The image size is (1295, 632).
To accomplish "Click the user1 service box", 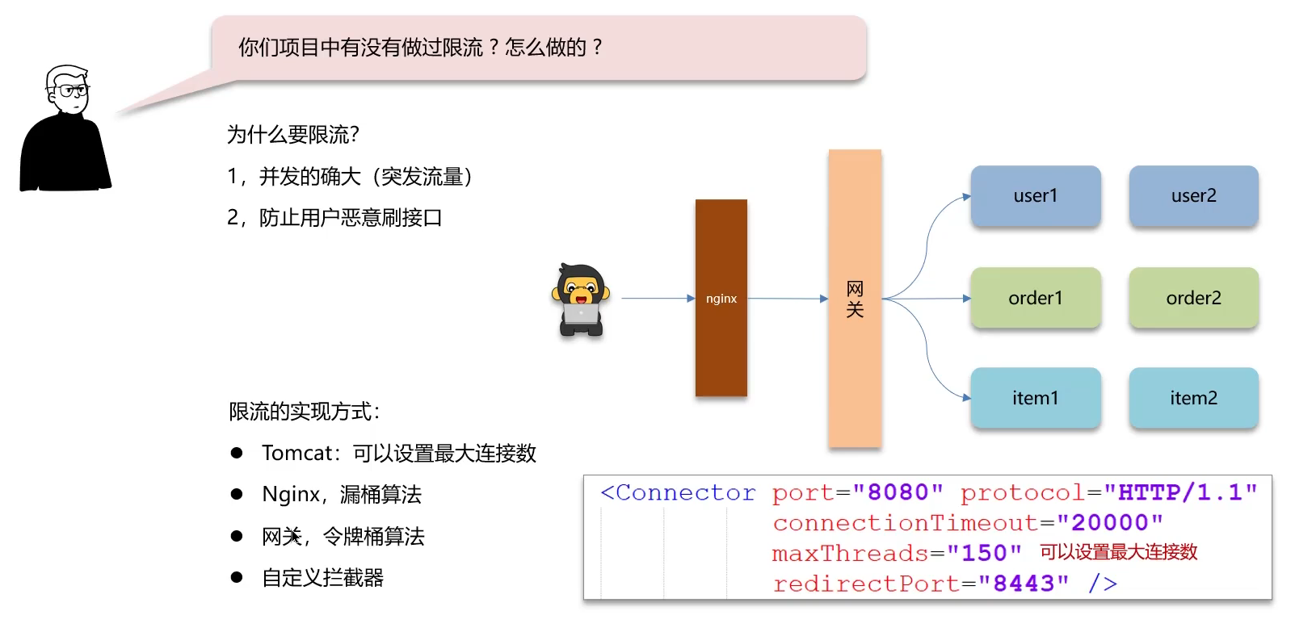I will click(1035, 196).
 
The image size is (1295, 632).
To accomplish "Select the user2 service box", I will click(1193, 196).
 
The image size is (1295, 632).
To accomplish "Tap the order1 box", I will click(1035, 298).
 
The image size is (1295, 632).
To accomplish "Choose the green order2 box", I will click(1193, 298).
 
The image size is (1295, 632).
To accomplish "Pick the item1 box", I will click(1035, 398).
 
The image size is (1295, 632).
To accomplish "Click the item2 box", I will click(1193, 398).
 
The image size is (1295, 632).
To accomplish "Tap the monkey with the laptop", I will click(580, 299).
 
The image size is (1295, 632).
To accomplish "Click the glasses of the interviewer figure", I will click(73, 90).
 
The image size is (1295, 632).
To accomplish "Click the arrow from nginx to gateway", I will click(787, 299).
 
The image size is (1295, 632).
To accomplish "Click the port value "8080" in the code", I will click(898, 492).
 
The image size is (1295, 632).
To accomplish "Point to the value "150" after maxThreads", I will click(984, 554).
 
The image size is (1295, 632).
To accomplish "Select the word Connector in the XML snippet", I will click(685, 492).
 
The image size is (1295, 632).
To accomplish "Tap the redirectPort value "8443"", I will click(1024, 584).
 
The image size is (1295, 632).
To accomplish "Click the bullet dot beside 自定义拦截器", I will click(237, 577).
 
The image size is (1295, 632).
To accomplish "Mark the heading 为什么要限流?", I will click(292, 135).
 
